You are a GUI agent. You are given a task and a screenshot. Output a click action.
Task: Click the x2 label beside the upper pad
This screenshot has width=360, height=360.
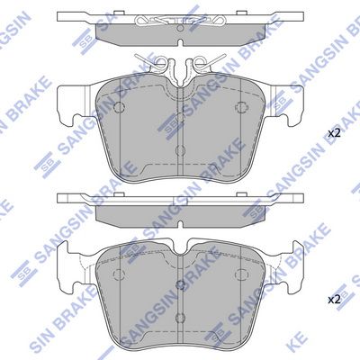(x=334, y=133)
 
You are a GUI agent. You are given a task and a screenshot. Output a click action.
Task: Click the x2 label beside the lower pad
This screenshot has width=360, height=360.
(x=334, y=300)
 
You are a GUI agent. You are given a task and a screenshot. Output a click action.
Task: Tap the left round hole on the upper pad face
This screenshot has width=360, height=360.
(x=120, y=107)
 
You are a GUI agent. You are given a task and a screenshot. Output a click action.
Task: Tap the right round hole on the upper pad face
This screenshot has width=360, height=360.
(x=240, y=107)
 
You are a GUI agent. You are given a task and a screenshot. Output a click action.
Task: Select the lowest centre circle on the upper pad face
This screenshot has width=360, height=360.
(x=180, y=150)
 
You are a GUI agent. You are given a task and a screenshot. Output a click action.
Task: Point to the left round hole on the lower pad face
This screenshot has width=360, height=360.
(x=120, y=274)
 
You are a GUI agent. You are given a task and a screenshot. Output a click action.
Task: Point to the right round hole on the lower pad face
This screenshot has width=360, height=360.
(x=240, y=274)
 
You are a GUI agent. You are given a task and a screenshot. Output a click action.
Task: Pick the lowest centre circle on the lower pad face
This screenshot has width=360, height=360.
(x=180, y=317)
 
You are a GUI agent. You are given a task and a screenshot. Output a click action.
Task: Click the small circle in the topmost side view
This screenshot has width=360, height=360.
(x=180, y=29)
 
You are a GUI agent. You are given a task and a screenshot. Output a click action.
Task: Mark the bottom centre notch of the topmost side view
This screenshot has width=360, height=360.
(x=180, y=43)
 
